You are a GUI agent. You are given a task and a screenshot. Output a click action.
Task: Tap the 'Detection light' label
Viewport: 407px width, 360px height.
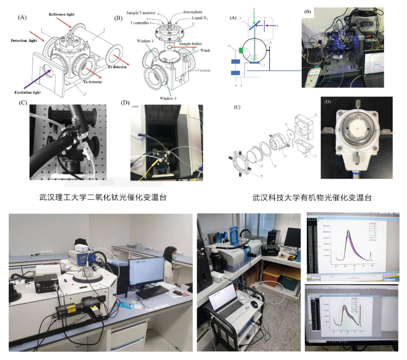tap(25, 41)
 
